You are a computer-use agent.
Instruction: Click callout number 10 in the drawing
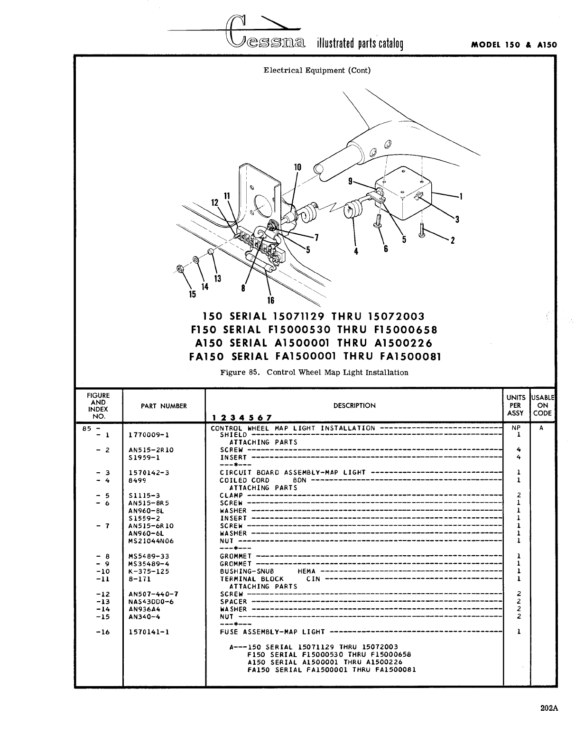[297, 167]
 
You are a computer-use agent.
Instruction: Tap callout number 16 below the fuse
[270, 300]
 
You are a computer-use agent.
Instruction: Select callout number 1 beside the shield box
[460, 196]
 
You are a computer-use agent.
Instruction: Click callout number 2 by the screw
[452, 240]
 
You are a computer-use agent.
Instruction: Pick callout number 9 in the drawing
[350, 181]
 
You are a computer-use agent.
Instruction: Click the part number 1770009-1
[148, 434]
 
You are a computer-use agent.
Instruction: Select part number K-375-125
[149, 571]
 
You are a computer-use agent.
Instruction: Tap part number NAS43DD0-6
[151, 602]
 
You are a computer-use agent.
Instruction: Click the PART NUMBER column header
[164, 406]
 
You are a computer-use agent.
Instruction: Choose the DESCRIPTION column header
[354, 405]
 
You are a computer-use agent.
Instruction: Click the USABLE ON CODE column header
[542, 405]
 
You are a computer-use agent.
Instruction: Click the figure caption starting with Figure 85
[314, 373]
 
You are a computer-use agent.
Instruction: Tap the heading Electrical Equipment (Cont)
[317, 71]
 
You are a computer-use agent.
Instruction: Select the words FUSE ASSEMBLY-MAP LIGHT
[272, 632]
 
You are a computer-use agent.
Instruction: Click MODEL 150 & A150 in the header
[514, 46]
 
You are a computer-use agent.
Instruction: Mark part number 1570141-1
[149, 632]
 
